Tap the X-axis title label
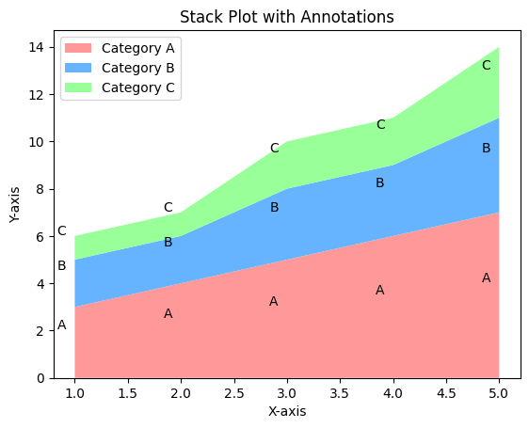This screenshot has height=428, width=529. pos(286,411)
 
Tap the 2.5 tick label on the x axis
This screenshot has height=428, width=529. pos(233,393)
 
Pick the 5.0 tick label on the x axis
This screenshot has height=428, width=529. pos(499,393)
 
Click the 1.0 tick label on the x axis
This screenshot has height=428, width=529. pos(74,393)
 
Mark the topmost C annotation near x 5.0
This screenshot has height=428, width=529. pos(487,66)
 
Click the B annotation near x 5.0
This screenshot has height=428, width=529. pos(487,149)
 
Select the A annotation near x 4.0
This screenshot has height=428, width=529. pos(380,291)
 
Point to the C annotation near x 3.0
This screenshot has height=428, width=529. pos(275,149)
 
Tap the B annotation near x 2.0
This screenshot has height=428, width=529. pos(168,243)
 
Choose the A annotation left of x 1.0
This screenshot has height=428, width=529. pos(62,325)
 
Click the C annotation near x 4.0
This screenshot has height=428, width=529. pos(381,125)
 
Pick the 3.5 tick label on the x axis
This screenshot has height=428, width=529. pos(340,393)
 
